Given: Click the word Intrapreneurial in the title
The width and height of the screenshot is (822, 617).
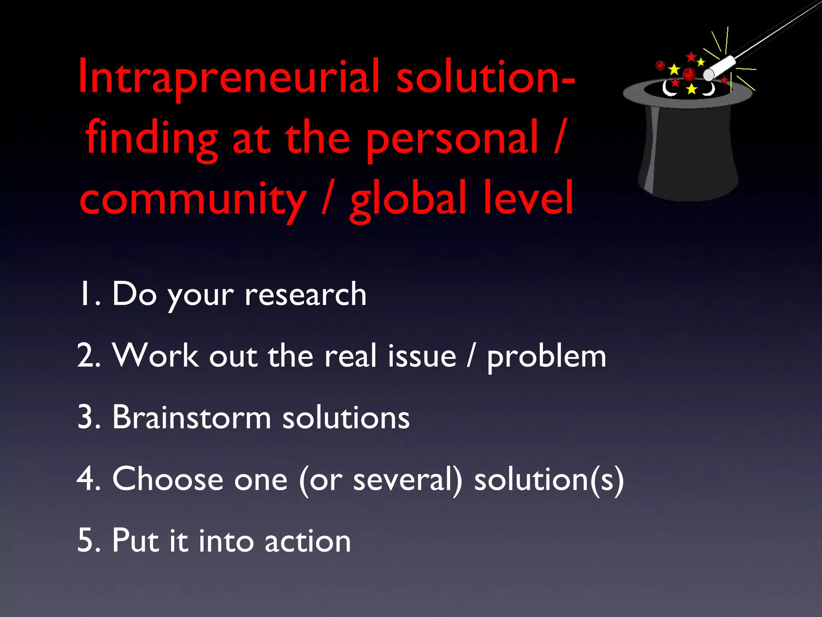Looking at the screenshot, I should [x=229, y=76].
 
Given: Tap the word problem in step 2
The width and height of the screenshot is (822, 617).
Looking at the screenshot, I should [x=546, y=357].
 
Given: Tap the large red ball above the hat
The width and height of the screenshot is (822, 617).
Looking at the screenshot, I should [x=689, y=74].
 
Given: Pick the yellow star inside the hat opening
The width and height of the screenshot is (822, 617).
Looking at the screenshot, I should [x=692, y=89].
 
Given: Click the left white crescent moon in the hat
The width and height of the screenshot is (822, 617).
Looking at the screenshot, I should [x=668, y=90].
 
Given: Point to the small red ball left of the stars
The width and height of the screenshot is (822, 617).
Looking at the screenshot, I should [x=660, y=65].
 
